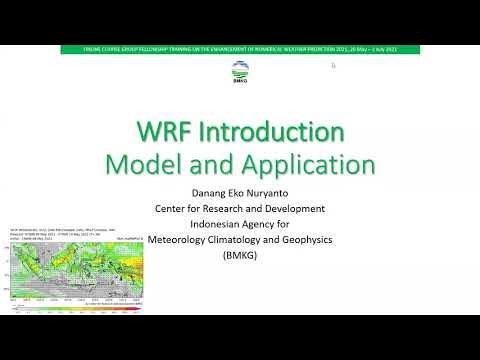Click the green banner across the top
coord(239,49)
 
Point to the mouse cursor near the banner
coord(333,66)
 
